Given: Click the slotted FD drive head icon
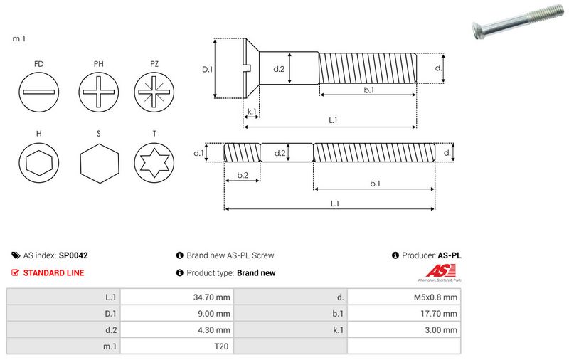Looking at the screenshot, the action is [x=39, y=92].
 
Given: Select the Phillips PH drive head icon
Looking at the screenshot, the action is [x=98, y=92].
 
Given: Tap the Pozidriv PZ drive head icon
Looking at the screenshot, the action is [x=154, y=92].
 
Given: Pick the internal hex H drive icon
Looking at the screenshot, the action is [x=39, y=162].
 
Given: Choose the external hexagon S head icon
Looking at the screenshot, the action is [x=99, y=164].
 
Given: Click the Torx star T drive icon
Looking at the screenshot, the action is [x=154, y=162].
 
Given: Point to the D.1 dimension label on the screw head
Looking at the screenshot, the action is [x=207, y=69].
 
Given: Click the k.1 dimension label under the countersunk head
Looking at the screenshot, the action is [x=252, y=111].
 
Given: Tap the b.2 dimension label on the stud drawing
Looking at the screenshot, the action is [x=243, y=175].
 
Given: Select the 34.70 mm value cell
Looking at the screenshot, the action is [x=177, y=297].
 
